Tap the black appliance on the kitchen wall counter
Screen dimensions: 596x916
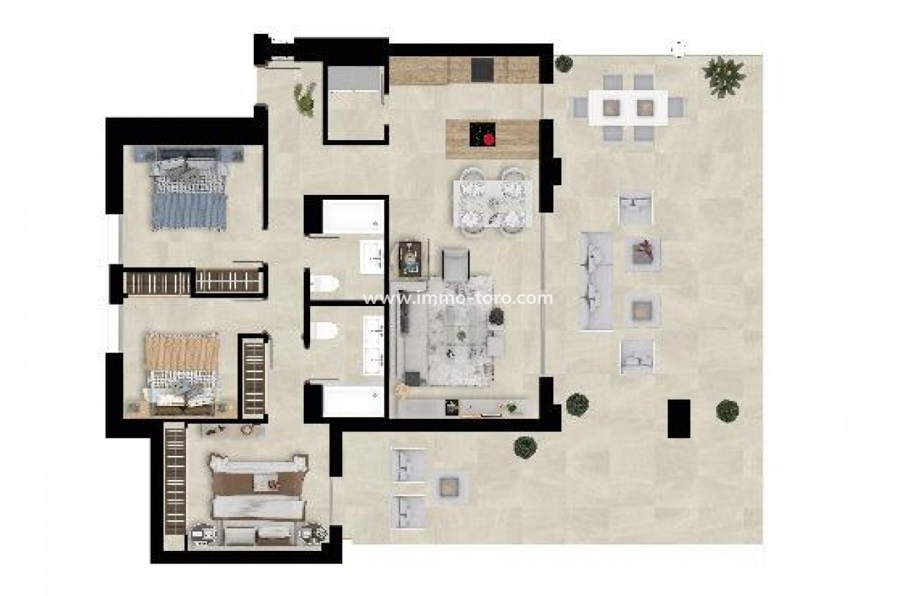482,69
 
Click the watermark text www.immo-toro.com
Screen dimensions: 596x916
458,299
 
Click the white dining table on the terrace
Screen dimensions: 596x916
627,108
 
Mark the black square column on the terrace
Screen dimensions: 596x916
679,418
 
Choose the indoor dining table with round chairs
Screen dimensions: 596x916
493,203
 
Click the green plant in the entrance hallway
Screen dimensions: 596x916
304,97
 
